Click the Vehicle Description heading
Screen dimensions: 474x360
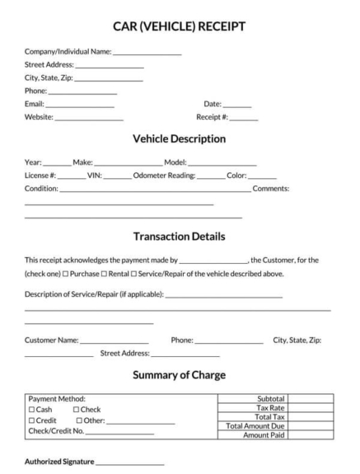coord(179,138)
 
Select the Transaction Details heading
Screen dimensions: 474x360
coord(179,237)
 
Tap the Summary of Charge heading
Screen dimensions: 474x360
coord(179,375)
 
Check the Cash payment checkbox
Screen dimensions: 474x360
coord(31,410)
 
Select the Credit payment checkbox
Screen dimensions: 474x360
coord(31,420)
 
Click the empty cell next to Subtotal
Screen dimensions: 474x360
coord(310,399)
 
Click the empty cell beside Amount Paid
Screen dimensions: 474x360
coord(310,435)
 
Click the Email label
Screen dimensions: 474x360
coord(34,105)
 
